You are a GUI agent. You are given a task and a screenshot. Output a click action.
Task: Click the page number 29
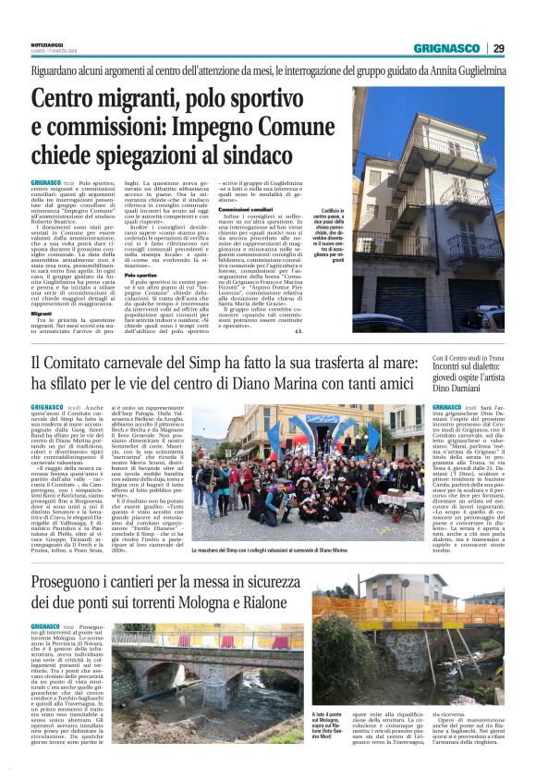coord(498,48)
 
